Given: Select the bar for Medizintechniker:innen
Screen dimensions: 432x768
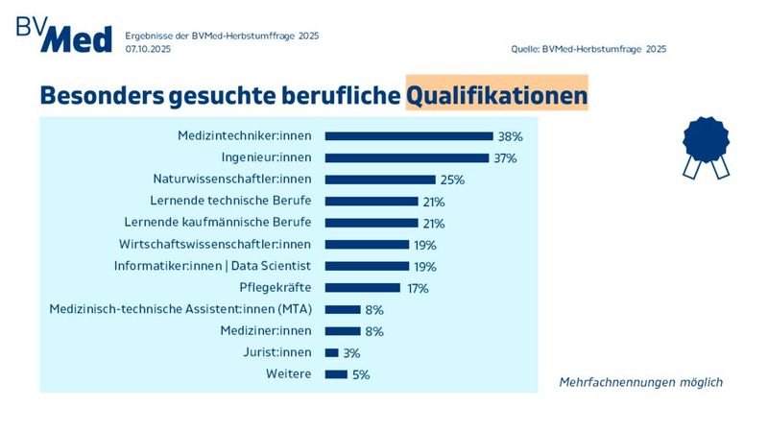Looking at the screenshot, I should click(x=408, y=136).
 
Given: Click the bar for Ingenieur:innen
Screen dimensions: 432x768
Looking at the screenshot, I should click(x=406, y=157).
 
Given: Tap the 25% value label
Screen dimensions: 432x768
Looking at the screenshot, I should click(x=452, y=180).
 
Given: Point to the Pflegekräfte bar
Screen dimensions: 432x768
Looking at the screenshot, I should click(x=363, y=287).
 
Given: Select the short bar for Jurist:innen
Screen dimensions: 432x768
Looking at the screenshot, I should click(x=332, y=352).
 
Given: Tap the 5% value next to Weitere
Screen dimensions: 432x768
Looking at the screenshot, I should click(x=361, y=374).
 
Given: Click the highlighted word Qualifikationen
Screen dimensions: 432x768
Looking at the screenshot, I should click(x=496, y=96).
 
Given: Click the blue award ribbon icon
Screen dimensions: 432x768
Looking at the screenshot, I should click(x=707, y=146).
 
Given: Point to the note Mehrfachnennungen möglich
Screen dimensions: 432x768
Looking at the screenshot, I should click(x=640, y=382).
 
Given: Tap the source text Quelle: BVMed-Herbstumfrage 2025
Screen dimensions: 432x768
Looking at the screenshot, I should click(x=589, y=48).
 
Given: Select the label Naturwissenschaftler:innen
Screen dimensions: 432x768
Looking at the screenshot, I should click(x=232, y=180).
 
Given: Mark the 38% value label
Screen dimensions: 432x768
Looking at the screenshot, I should click(x=510, y=136).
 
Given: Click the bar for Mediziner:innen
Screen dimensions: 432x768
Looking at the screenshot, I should click(x=343, y=330).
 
